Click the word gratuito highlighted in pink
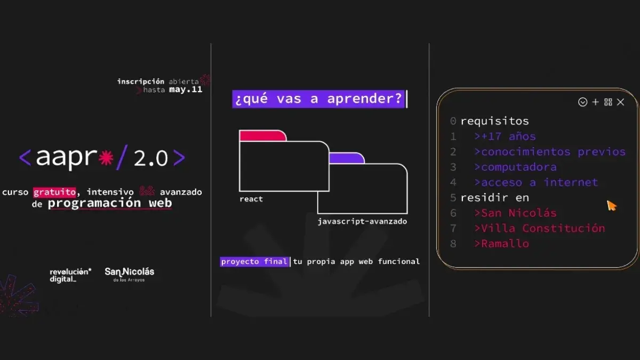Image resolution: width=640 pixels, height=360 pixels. point(54,192)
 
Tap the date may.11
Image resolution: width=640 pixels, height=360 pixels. point(186,90)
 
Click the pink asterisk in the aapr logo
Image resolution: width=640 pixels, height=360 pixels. point(106,158)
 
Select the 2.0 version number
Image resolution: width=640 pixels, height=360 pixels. point(150,158)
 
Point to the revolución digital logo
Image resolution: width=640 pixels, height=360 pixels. point(70,275)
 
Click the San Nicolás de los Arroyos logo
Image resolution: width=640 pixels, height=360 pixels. point(130,275)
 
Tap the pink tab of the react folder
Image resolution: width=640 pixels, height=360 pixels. point(262,135)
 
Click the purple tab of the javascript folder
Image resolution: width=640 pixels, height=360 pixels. point(347,158)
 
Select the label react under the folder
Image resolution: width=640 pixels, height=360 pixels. point(251,199)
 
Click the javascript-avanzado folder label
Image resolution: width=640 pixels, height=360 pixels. point(362,221)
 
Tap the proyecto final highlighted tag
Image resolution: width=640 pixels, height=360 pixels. point(254,262)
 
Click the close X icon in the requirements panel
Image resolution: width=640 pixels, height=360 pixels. point(621,102)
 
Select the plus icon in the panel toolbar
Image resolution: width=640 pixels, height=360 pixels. point(595,102)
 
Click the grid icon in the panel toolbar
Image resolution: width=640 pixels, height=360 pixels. point(609,102)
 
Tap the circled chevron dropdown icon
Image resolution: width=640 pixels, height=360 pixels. point(582,102)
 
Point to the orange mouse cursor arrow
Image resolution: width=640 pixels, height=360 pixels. point(611,206)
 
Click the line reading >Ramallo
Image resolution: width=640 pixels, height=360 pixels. point(502,244)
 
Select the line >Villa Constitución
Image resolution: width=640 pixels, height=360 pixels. point(540,228)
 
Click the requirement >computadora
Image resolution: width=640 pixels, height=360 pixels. point(515,167)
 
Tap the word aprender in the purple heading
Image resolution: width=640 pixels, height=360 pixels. point(365,99)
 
